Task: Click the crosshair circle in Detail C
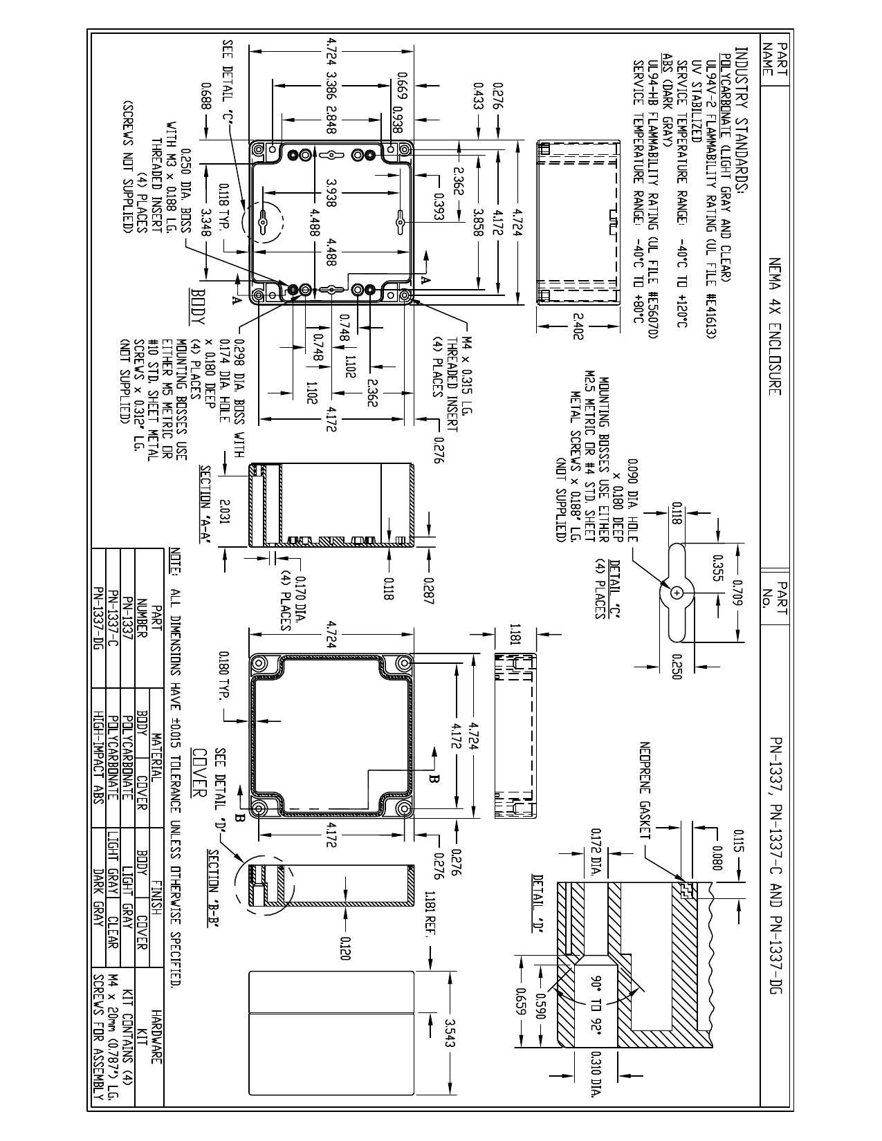point(677,593)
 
